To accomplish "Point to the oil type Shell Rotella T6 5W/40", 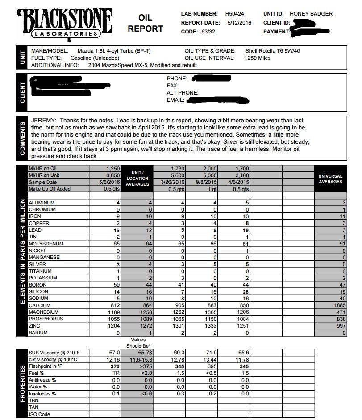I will pyautogui.click(x=273, y=51).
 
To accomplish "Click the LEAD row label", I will pyautogui.click(x=36, y=230).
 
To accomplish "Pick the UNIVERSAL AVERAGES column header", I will pyautogui.click(x=330, y=179).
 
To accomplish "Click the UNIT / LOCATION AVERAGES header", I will pyautogui.click(x=137, y=179).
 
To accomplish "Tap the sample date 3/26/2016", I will pyautogui.click(x=172, y=182).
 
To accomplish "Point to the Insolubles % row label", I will pyautogui.click(x=42, y=394).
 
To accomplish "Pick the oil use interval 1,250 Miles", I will pyautogui.click(x=257, y=58).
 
